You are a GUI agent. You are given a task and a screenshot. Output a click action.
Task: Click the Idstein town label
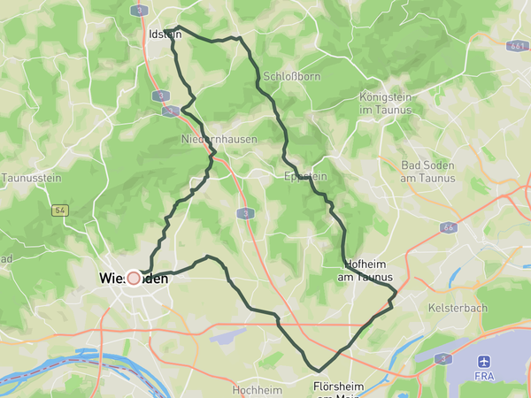(x=165, y=34)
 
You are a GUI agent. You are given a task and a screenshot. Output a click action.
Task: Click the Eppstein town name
(x=306, y=177)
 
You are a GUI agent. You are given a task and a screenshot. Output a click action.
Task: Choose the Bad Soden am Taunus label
(x=427, y=172)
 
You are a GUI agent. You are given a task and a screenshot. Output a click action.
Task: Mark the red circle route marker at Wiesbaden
(x=135, y=278)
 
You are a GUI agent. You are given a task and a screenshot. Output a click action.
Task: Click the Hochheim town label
(x=256, y=389)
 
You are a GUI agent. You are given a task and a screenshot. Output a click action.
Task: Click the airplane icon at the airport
(x=483, y=362)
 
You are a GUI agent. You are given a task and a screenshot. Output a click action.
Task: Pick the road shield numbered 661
(x=519, y=45)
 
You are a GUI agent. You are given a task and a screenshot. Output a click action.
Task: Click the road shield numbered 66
(x=449, y=227)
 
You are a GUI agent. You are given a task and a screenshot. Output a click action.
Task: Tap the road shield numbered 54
(x=60, y=210)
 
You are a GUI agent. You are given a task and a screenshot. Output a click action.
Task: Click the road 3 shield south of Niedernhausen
(x=244, y=213)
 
